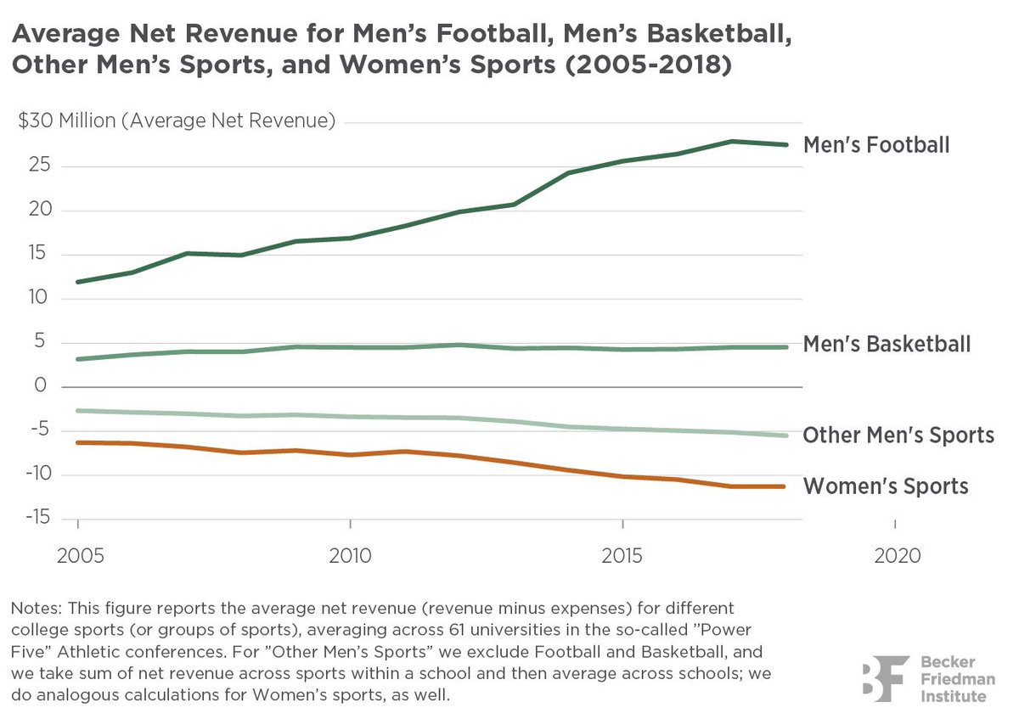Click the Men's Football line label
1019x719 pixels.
point(876,145)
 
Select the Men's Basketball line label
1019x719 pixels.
point(887,344)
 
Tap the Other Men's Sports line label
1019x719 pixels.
point(898,435)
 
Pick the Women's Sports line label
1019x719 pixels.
point(886,486)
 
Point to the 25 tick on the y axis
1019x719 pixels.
point(40,165)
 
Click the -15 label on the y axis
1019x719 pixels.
point(37,517)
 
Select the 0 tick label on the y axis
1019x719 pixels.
point(41,385)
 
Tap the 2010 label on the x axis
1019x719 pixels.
point(350,556)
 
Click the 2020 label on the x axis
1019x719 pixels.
point(898,556)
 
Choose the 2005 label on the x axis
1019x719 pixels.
point(81,556)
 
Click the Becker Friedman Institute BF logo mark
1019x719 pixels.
point(886,678)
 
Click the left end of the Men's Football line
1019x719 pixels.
point(78,282)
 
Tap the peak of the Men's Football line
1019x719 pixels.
point(731,142)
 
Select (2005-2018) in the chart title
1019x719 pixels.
point(649,65)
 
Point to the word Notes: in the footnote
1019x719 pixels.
point(37,608)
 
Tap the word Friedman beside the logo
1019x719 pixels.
point(958,679)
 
